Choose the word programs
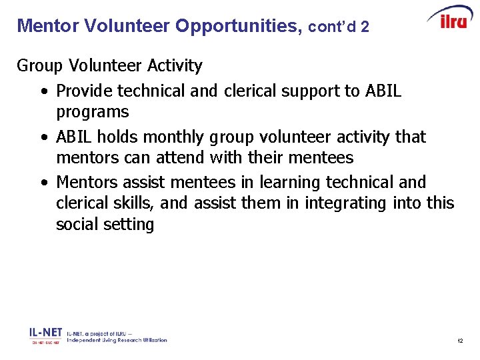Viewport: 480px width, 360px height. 93,111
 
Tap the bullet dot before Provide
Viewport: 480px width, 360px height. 43,91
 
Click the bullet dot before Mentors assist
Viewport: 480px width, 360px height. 43,182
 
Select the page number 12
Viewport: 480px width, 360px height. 460,341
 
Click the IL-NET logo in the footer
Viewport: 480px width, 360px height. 45,334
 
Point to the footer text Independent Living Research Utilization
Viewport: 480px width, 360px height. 117,340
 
